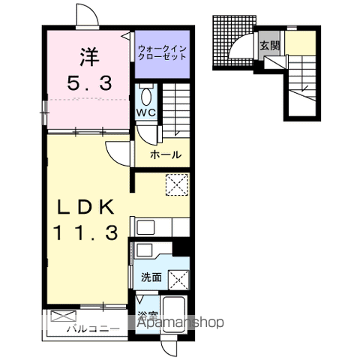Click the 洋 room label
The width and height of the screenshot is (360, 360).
[x=89, y=57]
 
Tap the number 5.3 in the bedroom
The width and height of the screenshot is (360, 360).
[x=89, y=83]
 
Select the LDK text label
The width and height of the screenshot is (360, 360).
[x=85, y=207]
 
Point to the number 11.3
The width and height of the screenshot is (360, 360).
[x=85, y=232]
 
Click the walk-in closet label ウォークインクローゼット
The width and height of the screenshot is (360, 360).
[x=162, y=52]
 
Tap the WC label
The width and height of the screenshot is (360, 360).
[x=146, y=112]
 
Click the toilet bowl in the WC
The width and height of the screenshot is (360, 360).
[x=146, y=96]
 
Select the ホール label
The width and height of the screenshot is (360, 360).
[x=166, y=155]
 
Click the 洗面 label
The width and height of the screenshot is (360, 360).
[x=151, y=277]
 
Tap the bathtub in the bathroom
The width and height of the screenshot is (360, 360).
[x=175, y=313]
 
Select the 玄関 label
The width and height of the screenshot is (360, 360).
[x=269, y=45]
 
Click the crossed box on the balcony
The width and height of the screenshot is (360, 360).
[x=63, y=316]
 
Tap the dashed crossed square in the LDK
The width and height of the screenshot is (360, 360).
[x=177, y=185]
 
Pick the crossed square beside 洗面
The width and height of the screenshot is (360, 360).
[x=178, y=280]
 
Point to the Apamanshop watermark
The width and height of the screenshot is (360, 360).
[x=180, y=322]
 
